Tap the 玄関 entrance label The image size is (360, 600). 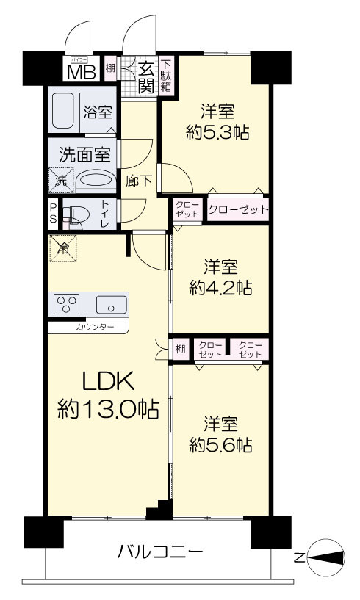point(146,78)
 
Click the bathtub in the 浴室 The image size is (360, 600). point(62,111)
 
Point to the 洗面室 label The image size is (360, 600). point(84,154)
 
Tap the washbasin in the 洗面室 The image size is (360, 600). point(96,181)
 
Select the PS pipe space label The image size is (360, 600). point(53,214)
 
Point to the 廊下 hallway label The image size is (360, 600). point(139,181)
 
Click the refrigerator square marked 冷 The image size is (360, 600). point(63,248)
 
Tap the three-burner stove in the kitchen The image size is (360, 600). point(67,304)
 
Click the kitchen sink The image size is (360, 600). point(111,305)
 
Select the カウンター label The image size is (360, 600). point(95,327)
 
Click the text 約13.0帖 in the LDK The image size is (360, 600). point(108,408)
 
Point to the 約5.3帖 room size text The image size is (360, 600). point(217,132)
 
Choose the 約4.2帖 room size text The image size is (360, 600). point(220,287)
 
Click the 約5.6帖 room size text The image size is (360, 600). point(220,445)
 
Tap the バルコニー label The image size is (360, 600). point(160,552)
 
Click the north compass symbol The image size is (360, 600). point(325,558)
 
